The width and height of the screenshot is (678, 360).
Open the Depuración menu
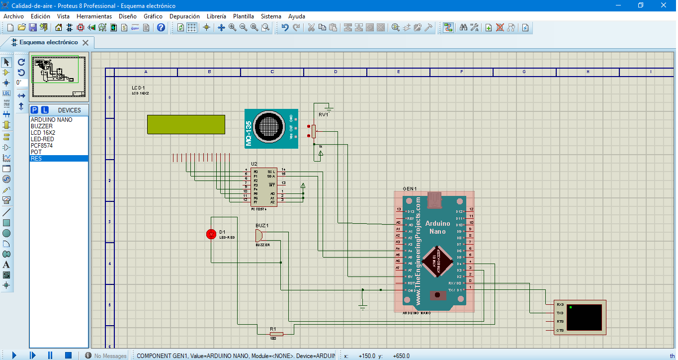click(184, 16)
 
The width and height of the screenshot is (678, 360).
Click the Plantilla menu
click(244, 16)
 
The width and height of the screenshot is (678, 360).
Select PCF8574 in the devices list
click(42, 146)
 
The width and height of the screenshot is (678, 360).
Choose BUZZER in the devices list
click(42, 126)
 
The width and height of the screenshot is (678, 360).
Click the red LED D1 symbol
click(211, 234)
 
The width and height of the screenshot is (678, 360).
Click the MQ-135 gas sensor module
click(271, 128)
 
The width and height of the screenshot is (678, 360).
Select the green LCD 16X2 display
click(186, 124)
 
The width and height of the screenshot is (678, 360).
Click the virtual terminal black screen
click(584, 317)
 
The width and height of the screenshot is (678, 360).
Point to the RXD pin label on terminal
click(560, 304)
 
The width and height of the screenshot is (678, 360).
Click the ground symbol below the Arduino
click(363, 305)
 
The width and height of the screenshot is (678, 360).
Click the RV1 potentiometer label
click(324, 114)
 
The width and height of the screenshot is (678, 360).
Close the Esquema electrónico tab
click(85, 43)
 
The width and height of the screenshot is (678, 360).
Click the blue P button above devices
click(34, 110)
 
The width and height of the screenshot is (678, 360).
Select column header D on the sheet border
click(336, 72)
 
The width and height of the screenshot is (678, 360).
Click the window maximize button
click(641, 5)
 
